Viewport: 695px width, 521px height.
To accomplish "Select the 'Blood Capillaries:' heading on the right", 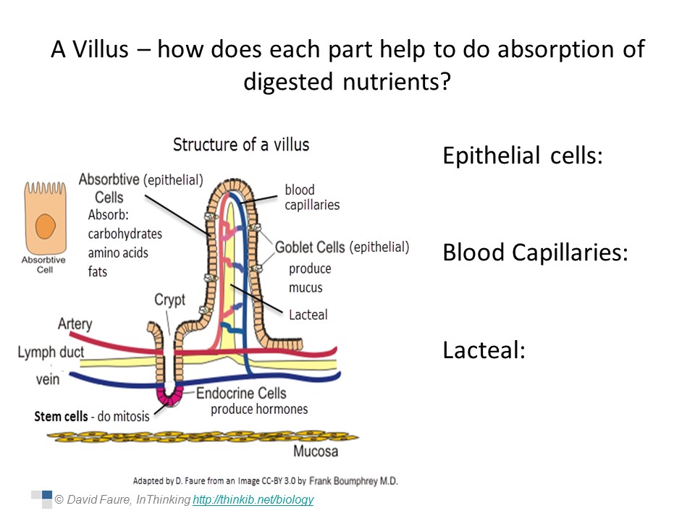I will [x=535, y=253].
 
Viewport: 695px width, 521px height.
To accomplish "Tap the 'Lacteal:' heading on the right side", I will [x=483, y=350].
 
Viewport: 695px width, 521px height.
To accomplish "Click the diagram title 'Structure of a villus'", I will [x=241, y=144].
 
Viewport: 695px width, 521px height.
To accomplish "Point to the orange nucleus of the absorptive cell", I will [x=46, y=227].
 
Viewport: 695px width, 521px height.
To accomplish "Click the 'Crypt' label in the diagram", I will [x=170, y=300].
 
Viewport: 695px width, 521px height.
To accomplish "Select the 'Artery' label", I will [x=75, y=323].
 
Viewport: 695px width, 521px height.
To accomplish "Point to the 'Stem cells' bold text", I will [x=62, y=417].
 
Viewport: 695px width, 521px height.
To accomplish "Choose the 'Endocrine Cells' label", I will [x=241, y=393].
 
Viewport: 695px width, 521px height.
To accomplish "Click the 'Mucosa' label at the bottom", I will [x=316, y=452].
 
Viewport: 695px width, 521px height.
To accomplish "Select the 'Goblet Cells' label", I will [x=310, y=247].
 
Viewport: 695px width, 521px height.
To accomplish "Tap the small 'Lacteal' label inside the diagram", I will [x=308, y=314].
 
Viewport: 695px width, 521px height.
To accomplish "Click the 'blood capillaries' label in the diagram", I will [x=311, y=198].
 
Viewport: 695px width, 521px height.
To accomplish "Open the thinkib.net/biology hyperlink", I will [x=253, y=499].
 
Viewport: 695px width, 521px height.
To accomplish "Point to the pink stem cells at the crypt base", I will [x=171, y=397].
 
